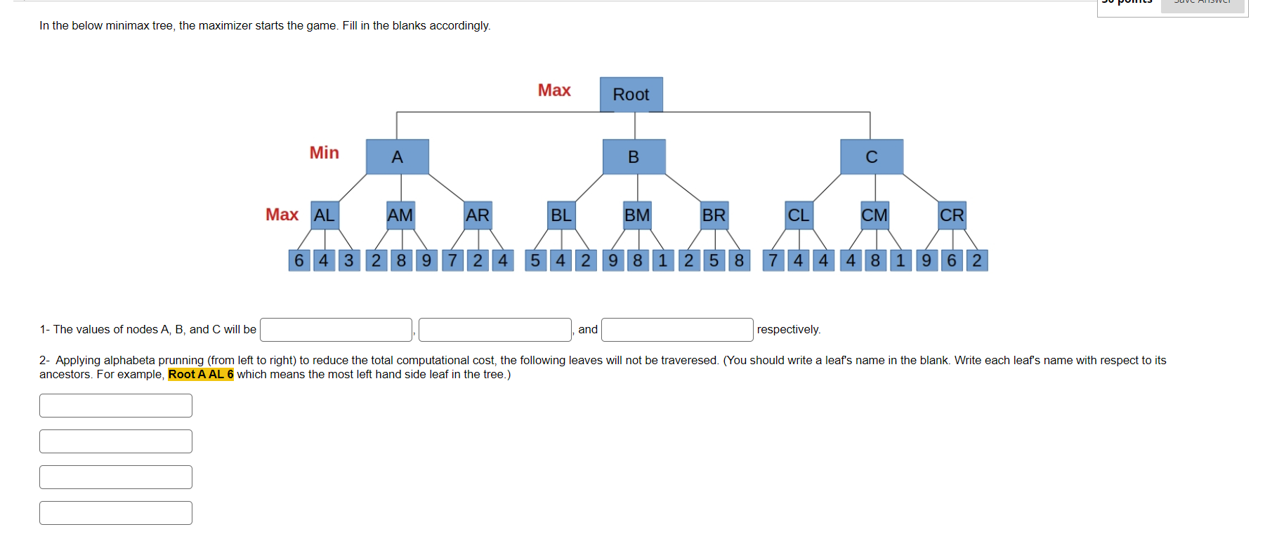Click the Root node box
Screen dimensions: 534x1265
click(631, 95)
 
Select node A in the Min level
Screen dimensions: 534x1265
click(397, 156)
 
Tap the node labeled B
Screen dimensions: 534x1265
click(634, 156)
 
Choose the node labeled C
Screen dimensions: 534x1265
click(871, 156)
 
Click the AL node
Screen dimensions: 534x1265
click(325, 215)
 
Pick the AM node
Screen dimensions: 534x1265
click(400, 215)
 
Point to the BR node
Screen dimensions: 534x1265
click(714, 215)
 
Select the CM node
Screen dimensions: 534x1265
click(874, 215)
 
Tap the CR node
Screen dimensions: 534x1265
click(952, 215)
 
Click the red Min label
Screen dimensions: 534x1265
click(324, 153)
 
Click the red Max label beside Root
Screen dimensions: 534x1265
click(554, 91)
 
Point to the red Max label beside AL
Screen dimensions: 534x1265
click(282, 215)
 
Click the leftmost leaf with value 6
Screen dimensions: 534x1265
click(299, 260)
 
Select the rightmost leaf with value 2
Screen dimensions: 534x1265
click(976, 260)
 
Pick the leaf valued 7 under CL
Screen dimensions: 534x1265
click(773, 260)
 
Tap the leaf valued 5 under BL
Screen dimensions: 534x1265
click(535, 260)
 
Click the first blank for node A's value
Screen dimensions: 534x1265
click(336, 330)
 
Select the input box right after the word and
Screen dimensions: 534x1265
click(676, 330)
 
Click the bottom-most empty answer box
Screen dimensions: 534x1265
click(116, 513)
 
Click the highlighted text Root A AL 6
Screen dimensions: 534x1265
click(201, 375)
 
